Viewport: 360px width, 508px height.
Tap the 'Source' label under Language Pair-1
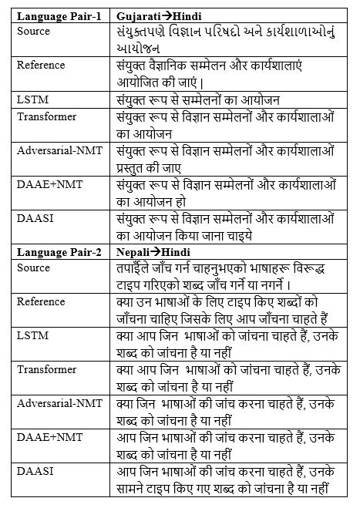click(x=33, y=31)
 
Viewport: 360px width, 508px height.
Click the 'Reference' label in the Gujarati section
click(x=41, y=65)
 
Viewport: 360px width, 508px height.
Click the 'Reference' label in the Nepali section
click(x=41, y=301)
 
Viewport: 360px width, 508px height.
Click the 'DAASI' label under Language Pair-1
click(x=33, y=220)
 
